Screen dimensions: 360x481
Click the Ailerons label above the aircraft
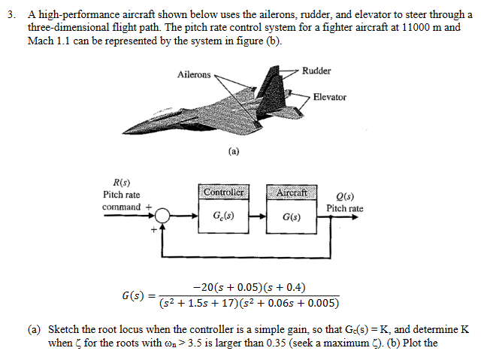coord(194,74)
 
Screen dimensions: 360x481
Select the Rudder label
coord(316,71)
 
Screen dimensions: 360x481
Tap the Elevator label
coord(330,97)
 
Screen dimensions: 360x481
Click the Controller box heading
coord(224,192)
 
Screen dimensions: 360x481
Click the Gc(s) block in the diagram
coord(224,217)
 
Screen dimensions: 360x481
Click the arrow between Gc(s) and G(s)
coord(257,217)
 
